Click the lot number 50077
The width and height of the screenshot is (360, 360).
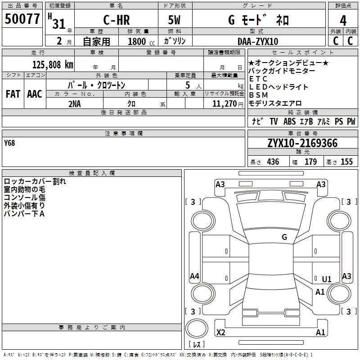(x=22, y=19)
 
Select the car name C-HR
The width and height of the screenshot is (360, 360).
(x=117, y=20)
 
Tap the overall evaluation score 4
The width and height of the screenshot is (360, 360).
(x=343, y=21)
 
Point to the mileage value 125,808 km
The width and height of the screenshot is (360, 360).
(x=53, y=65)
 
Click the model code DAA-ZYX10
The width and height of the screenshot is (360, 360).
(x=258, y=41)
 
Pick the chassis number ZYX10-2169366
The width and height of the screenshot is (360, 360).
(x=302, y=143)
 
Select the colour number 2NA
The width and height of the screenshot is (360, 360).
(x=75, y=104)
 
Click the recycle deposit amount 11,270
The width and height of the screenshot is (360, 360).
(x=224, y=104)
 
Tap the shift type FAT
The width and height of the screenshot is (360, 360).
(x=13, y=94)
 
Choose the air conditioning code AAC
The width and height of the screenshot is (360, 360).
(x=35, y=94)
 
